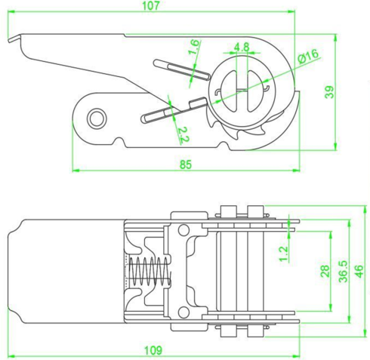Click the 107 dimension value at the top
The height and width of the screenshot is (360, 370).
point(151,5)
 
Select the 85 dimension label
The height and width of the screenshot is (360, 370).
point(186,165)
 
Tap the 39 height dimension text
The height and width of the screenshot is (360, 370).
point(329,92)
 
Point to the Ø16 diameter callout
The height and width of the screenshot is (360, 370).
point(307,57)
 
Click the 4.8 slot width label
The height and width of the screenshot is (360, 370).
point(242,47)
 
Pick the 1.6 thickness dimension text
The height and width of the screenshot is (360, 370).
point(194,47)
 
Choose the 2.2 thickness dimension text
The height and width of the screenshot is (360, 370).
point(184,135)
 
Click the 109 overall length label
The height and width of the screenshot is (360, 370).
point(153,350)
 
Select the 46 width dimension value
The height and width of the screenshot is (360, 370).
point(359,271)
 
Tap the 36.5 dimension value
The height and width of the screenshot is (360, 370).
point(344,271)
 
